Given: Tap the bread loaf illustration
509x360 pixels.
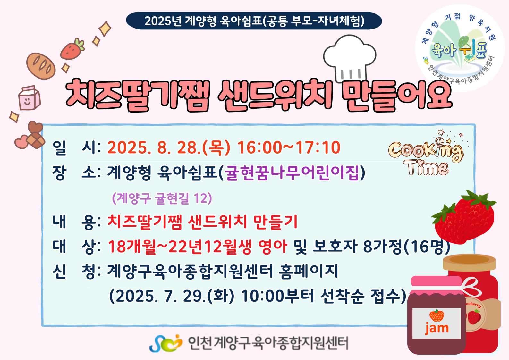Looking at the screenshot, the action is (41, 66).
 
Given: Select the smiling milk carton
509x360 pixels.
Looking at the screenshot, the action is (29, 98).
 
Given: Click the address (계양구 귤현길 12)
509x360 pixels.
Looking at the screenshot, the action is (162, 198).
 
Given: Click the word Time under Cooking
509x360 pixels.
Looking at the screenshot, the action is (426, 168).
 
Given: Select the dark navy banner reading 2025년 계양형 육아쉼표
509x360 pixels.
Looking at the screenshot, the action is (254, 21).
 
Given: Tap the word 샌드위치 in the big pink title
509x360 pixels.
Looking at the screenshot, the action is (275, 96).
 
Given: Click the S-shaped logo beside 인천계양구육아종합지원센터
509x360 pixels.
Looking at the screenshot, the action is (166, 343).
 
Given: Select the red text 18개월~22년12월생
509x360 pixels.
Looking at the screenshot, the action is (180, 247).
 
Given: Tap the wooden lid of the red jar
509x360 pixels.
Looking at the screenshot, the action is (469, 263).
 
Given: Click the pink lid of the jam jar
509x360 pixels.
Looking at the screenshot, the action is (436, 284).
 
